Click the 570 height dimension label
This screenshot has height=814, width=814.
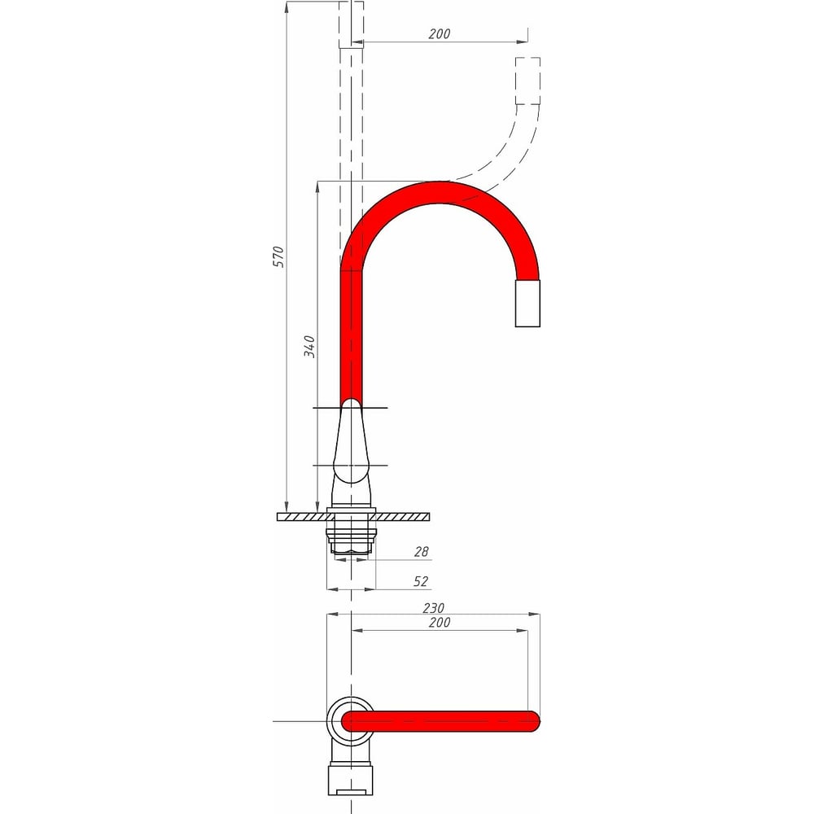tap(279, 257)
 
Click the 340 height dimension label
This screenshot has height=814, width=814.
tap(310, 346)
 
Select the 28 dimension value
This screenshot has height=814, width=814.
tap(422, 552)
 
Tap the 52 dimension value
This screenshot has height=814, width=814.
tap(421, 581)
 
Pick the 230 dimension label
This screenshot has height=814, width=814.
tap(434, 608)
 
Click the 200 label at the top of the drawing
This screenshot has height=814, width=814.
tap(440, 33)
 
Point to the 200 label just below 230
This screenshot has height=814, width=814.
tap(440, 623)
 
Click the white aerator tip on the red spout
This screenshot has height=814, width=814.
tap(527, 304)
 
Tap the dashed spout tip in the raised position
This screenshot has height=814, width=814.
tap(527, 81)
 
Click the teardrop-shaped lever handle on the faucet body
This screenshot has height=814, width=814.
tap(352, 441)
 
